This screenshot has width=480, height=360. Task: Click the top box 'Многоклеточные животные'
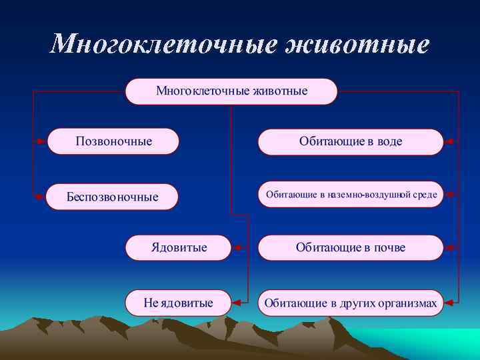click(231, 91)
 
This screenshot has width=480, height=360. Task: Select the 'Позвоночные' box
click(113, 141)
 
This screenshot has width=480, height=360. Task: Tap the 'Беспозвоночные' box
click(112, 197)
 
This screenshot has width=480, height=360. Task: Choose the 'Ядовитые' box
click(179, 247)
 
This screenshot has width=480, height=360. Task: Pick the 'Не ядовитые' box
click(179, 303)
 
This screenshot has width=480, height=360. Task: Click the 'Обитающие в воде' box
click(350, 141)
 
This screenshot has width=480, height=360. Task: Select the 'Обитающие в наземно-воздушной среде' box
click(351, 195)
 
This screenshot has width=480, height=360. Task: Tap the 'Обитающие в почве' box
click(350, 247)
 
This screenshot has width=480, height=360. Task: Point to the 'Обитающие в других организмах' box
click(351, 303)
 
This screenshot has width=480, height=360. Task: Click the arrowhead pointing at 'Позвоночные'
click(42, 141)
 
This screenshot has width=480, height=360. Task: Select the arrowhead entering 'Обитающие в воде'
click(449, 141)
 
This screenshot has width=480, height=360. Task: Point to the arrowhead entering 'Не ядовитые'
click(236, 303)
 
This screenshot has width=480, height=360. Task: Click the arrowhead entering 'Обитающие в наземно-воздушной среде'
click(449, 195)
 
